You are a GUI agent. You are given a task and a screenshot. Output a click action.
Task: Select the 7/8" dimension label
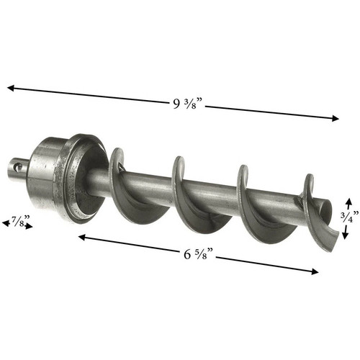coord(21,221)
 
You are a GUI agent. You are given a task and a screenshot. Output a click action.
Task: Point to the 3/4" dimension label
coord(349,217)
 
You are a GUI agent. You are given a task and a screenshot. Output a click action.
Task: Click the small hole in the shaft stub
coord(17,167)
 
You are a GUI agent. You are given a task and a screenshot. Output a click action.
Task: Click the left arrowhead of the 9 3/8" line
coord(10,88)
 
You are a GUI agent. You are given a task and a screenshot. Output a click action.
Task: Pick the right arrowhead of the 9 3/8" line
coord(336,118)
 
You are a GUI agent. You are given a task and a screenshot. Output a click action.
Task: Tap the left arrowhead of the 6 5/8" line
coord(81,237)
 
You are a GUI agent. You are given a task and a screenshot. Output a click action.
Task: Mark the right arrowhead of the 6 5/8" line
coord(315,271)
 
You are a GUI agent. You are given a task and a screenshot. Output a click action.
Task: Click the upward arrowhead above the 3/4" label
coord(348,202)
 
